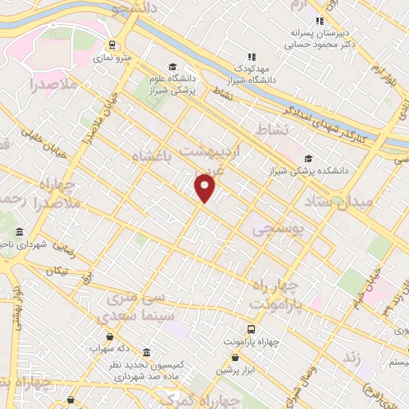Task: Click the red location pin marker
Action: tap(205, 187)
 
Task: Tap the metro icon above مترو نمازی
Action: tap(112, 46)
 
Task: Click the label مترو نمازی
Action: tap(112, 58)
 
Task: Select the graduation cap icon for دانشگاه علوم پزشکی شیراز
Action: tap(172, 66)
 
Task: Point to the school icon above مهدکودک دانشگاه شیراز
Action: tap(252, 57)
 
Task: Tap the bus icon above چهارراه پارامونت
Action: tap(252, 329)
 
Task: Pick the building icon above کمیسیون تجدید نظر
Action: tap(146, 352)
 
